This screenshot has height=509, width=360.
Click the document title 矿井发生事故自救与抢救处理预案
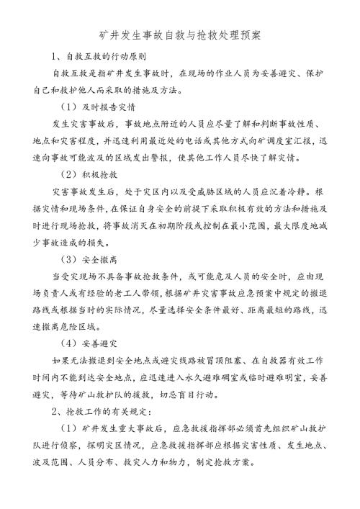pos(180,34)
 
